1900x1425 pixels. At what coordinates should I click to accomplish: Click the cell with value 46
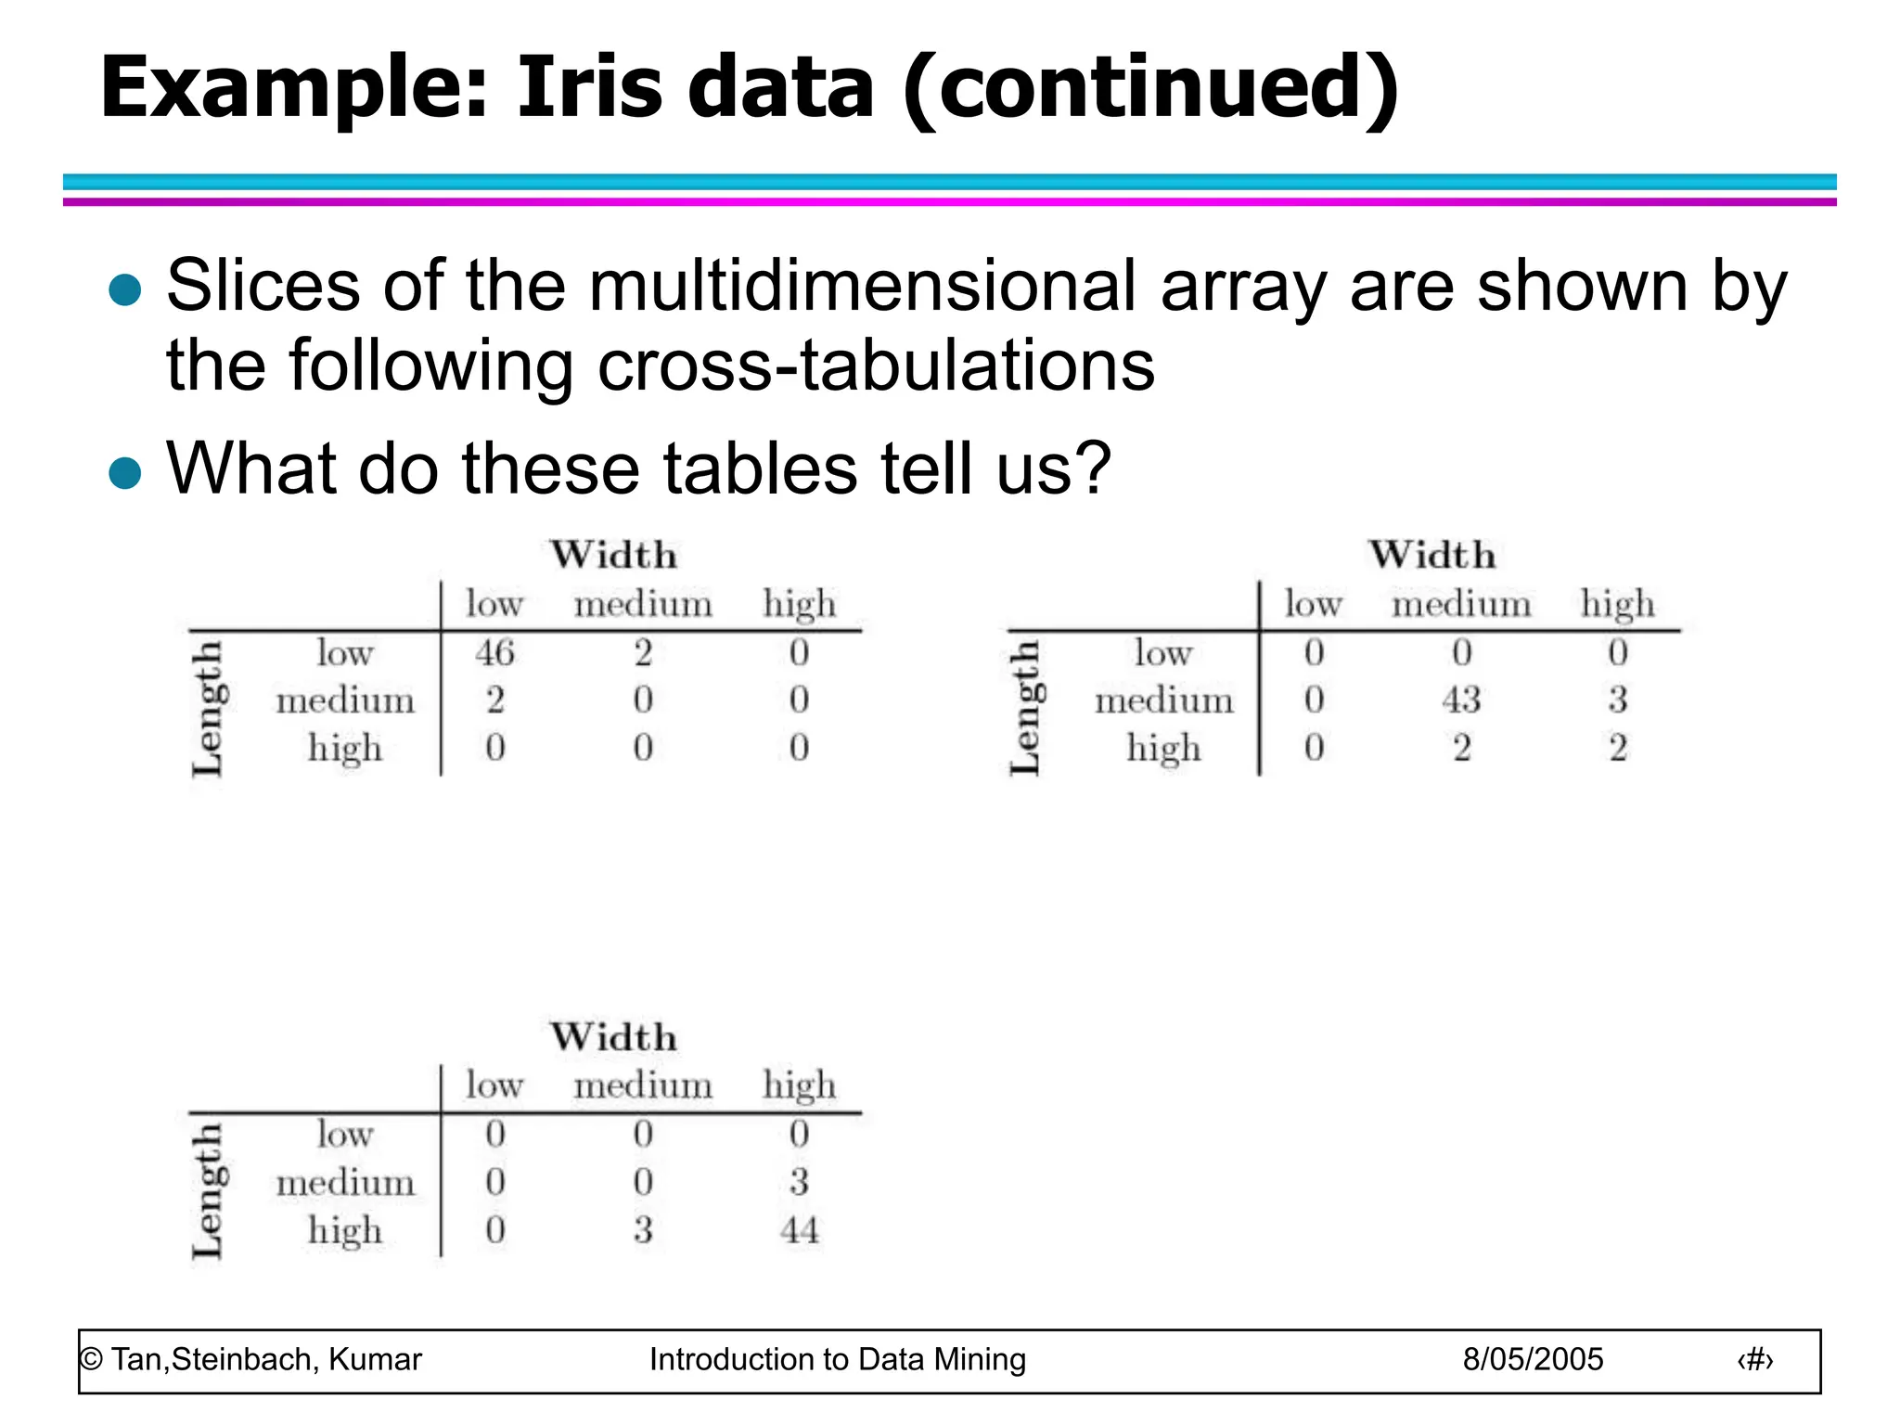point(494,653)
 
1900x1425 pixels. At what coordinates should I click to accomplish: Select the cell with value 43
point(1461,700)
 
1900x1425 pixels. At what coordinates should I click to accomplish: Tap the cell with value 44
point(799,1230)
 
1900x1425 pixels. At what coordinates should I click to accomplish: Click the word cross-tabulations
point(876,366)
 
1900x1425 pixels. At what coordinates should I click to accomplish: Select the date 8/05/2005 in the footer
point(1533,1359)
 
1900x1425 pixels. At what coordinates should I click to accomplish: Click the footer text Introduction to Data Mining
point(837,1359)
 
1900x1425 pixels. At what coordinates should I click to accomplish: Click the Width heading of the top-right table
point(1432,555)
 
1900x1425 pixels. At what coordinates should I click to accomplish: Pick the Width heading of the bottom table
point(613,1037)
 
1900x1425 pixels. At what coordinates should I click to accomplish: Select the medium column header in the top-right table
point(1461,604)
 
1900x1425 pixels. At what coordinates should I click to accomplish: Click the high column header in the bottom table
point(799,1085)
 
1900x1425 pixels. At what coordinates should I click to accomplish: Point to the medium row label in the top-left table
point(345,700)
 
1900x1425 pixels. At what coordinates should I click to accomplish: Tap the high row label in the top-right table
point(1163,748)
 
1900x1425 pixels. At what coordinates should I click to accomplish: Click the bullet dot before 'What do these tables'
point(124,472)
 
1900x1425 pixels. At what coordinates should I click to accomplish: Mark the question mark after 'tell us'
point(1094,468)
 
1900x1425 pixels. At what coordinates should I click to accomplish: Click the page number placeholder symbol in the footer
point(1754,1360)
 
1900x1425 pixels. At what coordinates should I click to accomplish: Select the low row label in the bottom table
point(345,1134)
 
